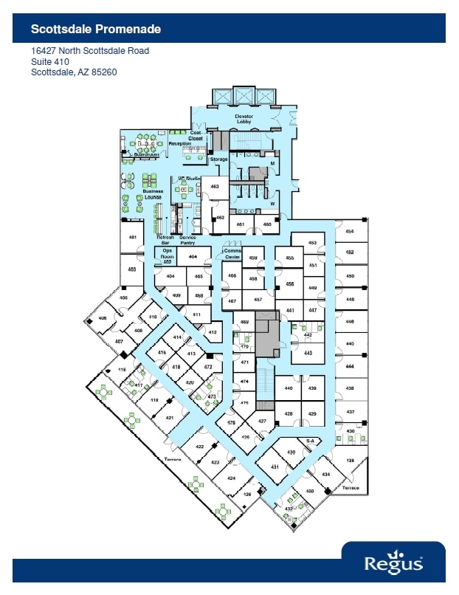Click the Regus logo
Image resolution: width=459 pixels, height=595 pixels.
click(393, 563)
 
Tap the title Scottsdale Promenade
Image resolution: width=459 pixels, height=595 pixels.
click(96, 29)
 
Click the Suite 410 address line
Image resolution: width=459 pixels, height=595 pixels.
click(50, 62)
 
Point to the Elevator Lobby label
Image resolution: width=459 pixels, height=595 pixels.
click(244, 119)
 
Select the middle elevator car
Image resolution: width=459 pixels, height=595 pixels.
click(243, 96)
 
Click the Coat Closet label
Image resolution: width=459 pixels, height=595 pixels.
click(196, 136)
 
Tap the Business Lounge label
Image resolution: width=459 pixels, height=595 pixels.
click(153, 194)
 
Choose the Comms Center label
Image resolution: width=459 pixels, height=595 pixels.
click(232, 254)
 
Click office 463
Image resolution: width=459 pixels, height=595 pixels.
click(215, 187)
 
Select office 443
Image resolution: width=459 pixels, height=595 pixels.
click(308, 353)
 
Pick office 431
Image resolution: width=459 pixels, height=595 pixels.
click(275, 467)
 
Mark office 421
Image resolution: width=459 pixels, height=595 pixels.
click(170, 418)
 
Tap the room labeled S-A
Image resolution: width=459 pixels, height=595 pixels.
click(311, 441)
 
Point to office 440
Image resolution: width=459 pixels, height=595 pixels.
click(289, 388)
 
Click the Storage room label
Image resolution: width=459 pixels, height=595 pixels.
click(218, 159)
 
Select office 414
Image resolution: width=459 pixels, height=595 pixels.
click(177, 337)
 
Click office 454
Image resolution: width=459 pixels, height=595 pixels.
click(350, 231)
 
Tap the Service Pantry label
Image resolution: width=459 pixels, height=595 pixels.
click(187, 239)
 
